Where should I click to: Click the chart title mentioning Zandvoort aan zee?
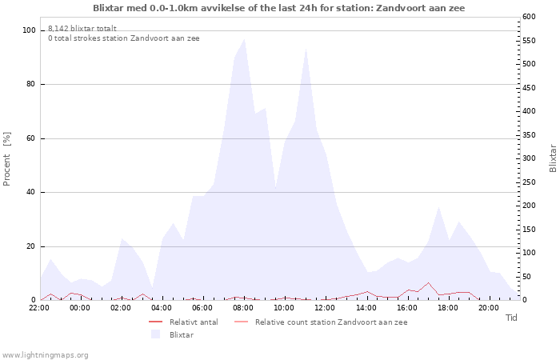(279, 8)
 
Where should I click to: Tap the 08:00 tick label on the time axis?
(243, 308)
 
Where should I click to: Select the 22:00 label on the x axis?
(39, 308)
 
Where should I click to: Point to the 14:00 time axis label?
(366, 308)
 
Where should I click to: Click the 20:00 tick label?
(489, 308)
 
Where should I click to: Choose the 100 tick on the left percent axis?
(29, 30)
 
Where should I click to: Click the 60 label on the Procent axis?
(31, 138)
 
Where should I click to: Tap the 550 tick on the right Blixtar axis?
(529, 40)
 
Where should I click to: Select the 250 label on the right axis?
(529, 182)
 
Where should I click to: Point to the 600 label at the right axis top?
(529, 17)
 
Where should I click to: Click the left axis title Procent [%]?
(6, 159)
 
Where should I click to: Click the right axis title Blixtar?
(553, 158)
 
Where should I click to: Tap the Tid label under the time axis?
(511, 318)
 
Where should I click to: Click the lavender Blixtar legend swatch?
(155, 334)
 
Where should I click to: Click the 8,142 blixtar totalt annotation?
(82, 29)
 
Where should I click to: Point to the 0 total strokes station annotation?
(123, 38)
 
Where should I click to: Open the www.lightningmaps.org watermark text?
(44, 355)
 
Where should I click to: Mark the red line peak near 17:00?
(428, 283)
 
